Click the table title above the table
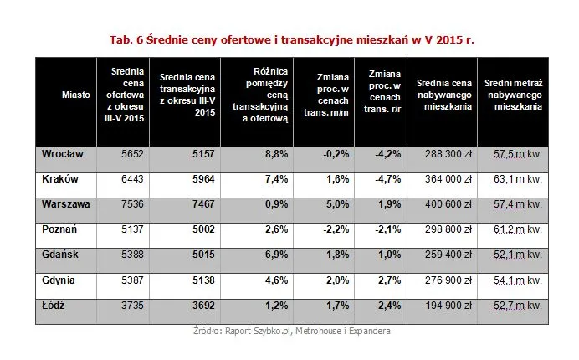click(289, 39)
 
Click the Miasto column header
click(76, 95)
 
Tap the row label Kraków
click(57, 179)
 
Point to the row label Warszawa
click(64, 203)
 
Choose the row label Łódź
click(53, 307)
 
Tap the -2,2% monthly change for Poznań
click(334, 228)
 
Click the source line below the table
click(289, 331)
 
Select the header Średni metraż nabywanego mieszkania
click(512, 95)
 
